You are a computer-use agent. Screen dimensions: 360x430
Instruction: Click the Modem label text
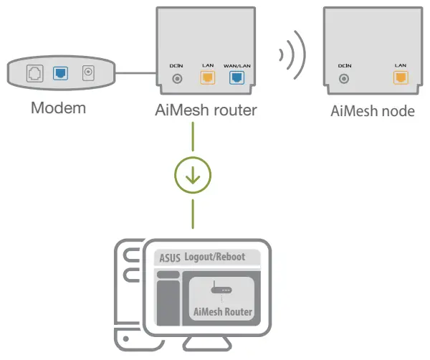coord(59,109)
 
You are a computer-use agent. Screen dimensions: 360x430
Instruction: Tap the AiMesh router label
coord(206,110)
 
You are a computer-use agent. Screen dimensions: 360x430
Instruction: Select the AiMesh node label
coord(372,110)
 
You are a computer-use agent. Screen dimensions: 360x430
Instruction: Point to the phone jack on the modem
coord(32,73)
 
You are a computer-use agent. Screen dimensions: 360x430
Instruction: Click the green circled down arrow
coord(193,174)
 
